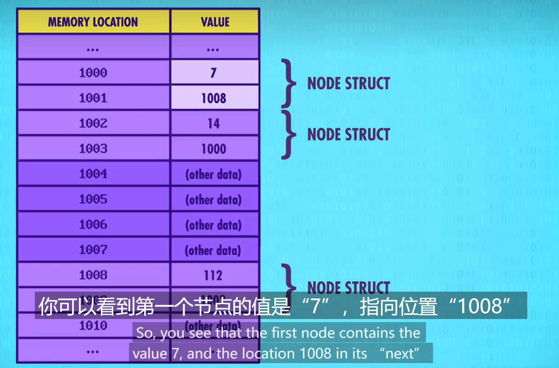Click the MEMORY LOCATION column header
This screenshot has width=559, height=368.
93,22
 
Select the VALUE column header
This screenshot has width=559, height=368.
215,22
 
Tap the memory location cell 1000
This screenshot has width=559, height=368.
93,73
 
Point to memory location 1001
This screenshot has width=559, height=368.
93,98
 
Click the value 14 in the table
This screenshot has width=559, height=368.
214,123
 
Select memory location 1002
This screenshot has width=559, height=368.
93,123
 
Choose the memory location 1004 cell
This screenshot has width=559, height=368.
93,174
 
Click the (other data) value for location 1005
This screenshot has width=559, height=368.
213,200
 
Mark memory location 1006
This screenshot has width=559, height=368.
93,224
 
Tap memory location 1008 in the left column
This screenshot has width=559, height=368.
93,275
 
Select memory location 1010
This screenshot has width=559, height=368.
93,326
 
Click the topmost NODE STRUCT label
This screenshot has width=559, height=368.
348,84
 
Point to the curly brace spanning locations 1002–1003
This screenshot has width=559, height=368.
289,135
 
